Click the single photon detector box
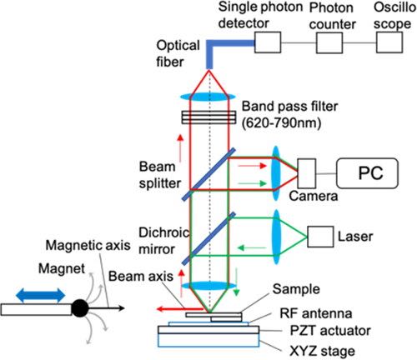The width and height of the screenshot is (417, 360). pyautogui.click(x=268, y=42)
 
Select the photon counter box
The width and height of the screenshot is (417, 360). pyautogui.click(x=329, y=42)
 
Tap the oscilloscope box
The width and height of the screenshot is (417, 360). pyautogui.click(x=389, y=42)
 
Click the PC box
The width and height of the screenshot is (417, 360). pyautogui.click(x=367, y=173)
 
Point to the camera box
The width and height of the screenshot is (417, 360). pyautogui.click(x=307, y=173)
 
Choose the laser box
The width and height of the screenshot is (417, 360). pyautogui.click(x=320, y=237)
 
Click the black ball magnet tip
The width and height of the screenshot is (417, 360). pyautogui.click(x=80, y=308)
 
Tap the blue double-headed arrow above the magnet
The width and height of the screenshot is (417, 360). pyautogui.click(x=41, y=295)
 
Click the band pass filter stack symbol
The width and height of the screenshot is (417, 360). pyautogui.click(x=208, y=117)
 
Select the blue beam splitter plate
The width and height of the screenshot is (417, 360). pyautogui.click(x=208, y=174)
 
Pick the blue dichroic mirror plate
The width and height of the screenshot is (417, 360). pyautogui.click(x=208, y=238)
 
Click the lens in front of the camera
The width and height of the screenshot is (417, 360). pyautogui.click(x=276, y=173)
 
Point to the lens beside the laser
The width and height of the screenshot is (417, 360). pyautogui.click(x=276, y=237)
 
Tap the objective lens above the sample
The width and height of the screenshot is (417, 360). pyautogui.click(x=208, y=286)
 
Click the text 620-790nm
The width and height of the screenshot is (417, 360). pyautogui.click(x=281, y=122)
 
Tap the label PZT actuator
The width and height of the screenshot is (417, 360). pyautogui.click(x=330, y=331)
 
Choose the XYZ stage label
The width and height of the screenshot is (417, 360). pyautogui.click(x=322, y=351)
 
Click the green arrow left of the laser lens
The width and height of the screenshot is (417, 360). pyautogui.click(x=252, y=247)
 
